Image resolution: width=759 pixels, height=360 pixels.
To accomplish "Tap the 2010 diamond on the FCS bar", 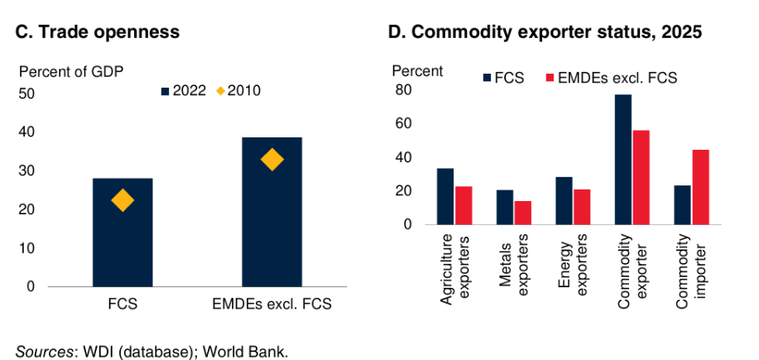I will [122, 200].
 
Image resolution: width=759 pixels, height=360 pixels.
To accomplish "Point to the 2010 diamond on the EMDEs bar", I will [271, 160].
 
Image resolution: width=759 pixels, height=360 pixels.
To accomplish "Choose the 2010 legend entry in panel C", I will [238, 91].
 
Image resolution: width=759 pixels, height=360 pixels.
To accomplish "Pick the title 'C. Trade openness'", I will [97, 33].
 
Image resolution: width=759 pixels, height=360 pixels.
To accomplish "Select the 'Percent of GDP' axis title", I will [70, 71].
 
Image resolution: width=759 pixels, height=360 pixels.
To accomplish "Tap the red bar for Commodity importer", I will [700, 187].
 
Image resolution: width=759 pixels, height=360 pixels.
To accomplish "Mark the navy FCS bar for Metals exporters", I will [504, 207].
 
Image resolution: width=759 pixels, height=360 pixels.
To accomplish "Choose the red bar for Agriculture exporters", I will [464, 205].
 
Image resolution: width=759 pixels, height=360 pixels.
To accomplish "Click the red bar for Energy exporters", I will [582, 207].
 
